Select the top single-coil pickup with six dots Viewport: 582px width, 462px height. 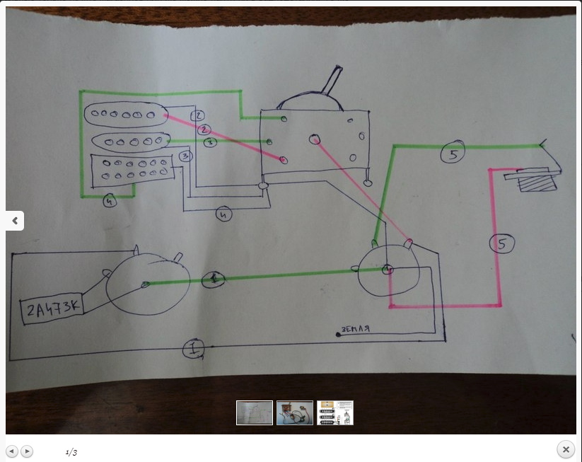click(124, 115)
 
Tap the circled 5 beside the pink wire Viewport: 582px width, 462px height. click(501, 243)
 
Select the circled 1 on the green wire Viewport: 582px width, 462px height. click(213, 279)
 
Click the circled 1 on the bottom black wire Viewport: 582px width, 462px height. click(193, 348)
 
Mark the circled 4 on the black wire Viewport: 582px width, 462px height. click(224, 214)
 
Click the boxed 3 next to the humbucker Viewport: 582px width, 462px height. click(186, 156)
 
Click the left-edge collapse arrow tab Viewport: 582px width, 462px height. click(14, 221)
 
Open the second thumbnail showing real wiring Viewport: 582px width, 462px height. click(295, 412)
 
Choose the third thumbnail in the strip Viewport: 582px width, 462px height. click(335, 412)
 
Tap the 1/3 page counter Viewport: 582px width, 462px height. click(71, 451)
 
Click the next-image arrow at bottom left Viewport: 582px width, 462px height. click(27, 451)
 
